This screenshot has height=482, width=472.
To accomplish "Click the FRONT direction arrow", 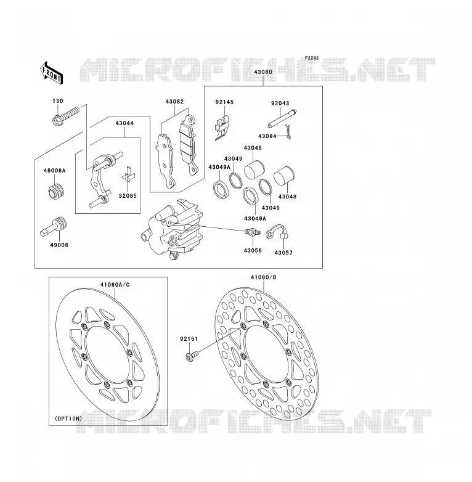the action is (x=51, y=73).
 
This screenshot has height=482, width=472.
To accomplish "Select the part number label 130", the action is (x=58, y=101).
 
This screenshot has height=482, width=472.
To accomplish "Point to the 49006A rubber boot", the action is (x=57, y=191).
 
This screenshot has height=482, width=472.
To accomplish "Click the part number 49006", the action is (x=59, y=245).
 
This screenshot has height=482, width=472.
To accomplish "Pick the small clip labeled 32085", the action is (x=128, y=175).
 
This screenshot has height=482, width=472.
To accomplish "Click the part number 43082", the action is (x=174, y=102).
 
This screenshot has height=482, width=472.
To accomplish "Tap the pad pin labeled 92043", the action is (x=282, y=119).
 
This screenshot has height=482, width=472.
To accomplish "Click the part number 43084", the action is (x=267, y=136).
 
